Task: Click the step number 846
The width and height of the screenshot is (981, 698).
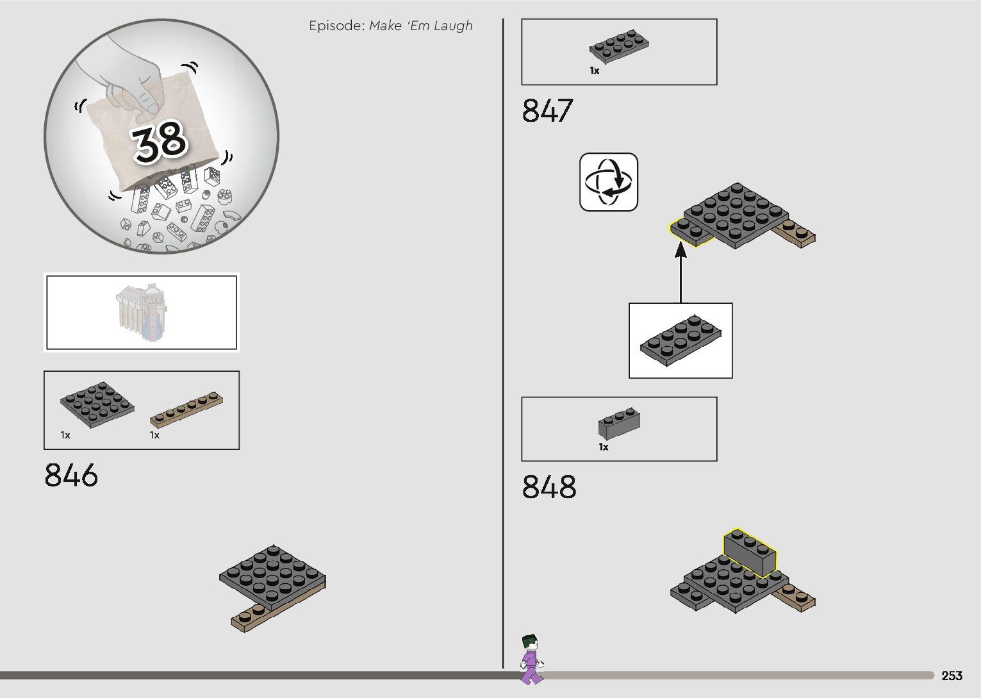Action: pos(71,475)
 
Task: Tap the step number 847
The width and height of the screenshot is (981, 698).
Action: pos(547,110)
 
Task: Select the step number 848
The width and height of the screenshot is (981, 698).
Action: pos(549,486)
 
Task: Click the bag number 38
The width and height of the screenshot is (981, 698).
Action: pos(160,141)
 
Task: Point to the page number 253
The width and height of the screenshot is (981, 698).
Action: pos(952,675)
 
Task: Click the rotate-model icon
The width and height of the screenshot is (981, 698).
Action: pos(609,182)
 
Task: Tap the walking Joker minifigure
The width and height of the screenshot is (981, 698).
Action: pos(532,660)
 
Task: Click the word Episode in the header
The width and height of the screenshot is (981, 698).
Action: pos(337,26)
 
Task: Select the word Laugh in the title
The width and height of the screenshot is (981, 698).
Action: pos(453,26)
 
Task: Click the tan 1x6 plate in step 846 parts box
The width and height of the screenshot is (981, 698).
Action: pos(186,409)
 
